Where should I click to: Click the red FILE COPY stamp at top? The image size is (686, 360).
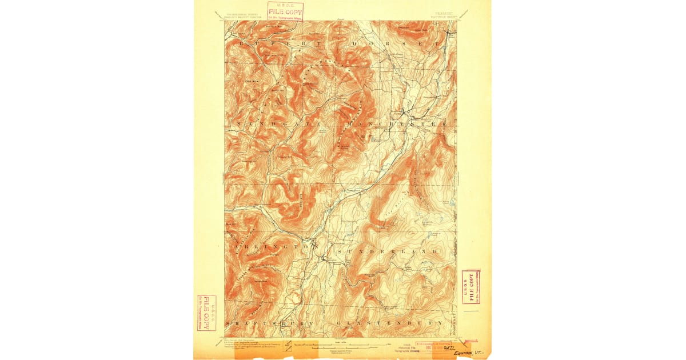point(285,10)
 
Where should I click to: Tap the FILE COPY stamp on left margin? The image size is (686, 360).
point(206,313)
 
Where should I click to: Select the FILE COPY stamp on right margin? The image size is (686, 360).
point(470,286)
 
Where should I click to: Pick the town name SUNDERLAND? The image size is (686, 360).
point(389,251)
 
